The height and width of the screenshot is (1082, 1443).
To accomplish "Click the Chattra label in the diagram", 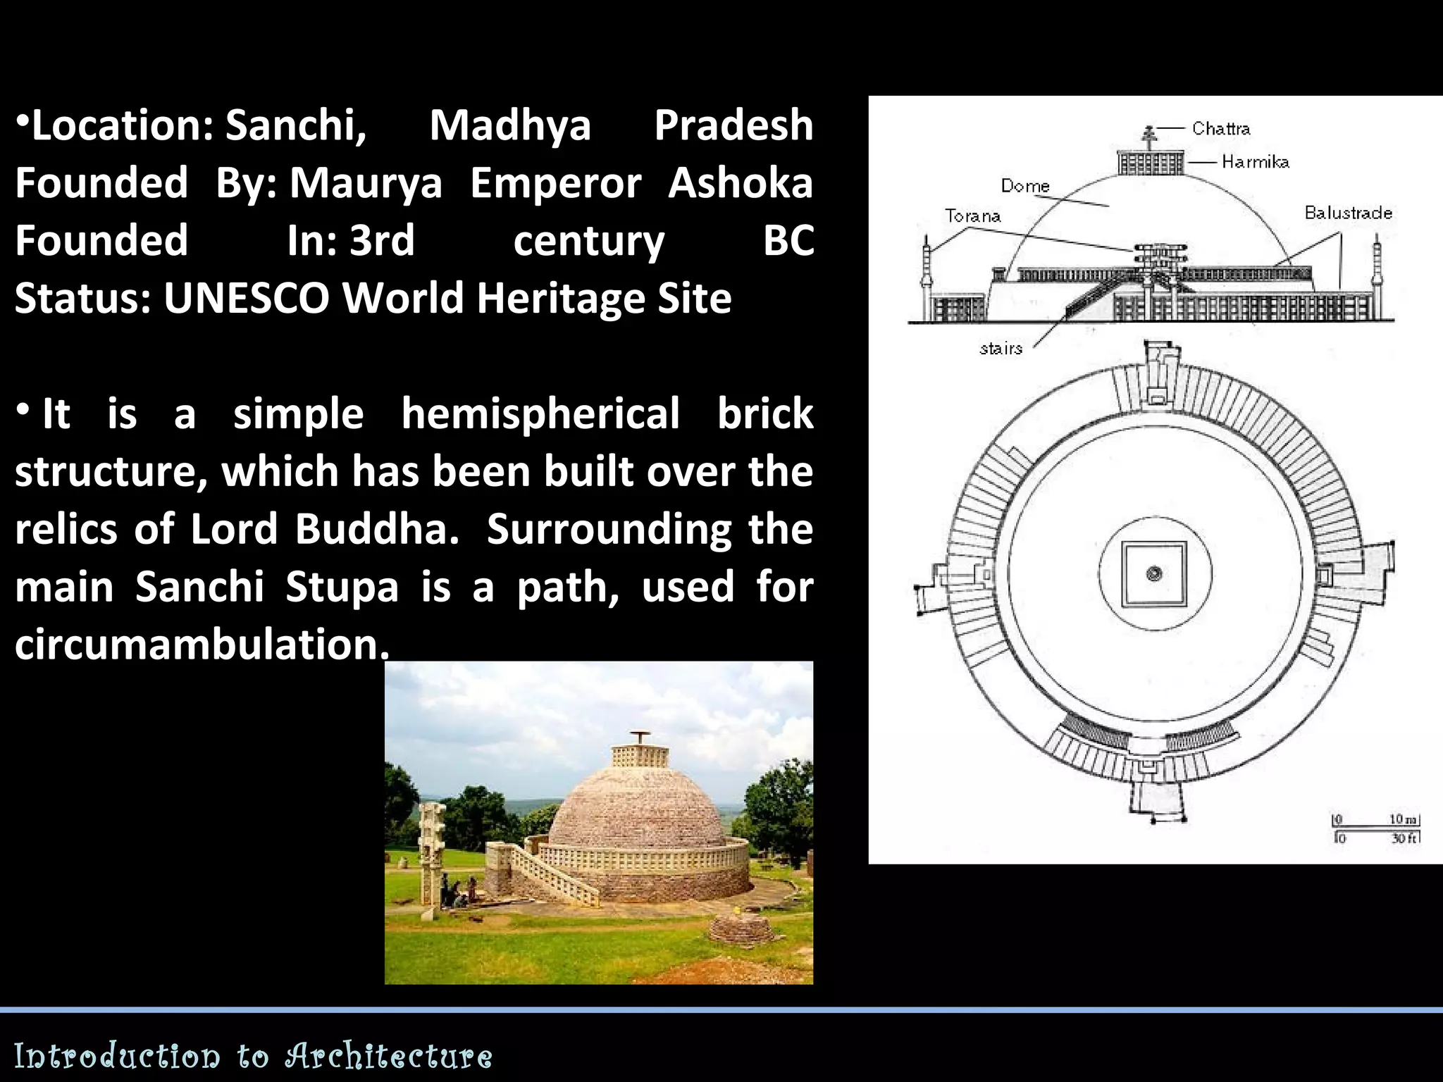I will [x=1220, y=128].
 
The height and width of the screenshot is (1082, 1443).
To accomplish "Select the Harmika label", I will [x=1255, y=162].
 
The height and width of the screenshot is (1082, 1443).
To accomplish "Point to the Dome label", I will [x=1025, y=186].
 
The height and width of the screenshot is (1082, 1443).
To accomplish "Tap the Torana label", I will [x=972, y=216].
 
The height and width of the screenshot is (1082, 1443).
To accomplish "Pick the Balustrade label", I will [x=1348, y=213].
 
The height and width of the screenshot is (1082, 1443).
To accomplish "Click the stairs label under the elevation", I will [x=1001, y=348].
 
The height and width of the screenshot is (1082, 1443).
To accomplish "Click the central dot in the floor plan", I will [x=1154, y=573].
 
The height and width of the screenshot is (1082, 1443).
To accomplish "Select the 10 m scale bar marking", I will [x=1401, y=819].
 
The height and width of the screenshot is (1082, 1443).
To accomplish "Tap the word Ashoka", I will [x=741, y=183].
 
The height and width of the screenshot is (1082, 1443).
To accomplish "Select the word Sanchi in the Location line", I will [x=296, y=125].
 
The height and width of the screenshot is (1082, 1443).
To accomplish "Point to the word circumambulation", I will [x=201, y=644].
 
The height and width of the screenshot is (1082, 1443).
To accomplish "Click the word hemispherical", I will [x=540, y=413].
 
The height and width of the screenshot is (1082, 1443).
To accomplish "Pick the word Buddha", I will [x=377, y=529].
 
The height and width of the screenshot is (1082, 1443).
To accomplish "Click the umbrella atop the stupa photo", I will [x=640, y=737].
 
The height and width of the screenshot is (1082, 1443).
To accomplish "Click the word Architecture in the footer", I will [x=388, y=1056].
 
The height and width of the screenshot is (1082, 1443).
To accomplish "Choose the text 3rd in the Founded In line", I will [x=382, y=241].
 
